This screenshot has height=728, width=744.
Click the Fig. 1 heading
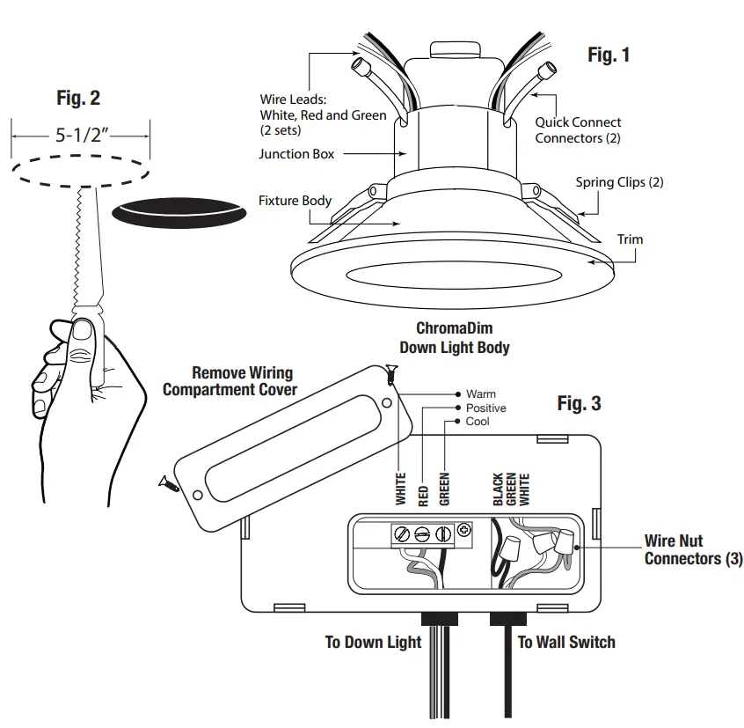point(609,55)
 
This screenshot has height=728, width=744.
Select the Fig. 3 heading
point(580,403)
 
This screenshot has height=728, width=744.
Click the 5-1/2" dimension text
point(80,136)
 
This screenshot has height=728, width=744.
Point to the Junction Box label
point(296,154)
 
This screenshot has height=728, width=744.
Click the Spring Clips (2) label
point(619,183)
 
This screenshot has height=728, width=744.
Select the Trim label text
point(630,239)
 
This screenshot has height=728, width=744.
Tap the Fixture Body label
point(295,201)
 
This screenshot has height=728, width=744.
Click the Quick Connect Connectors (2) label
point(578,130)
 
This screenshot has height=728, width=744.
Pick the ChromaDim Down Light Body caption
point(454,338)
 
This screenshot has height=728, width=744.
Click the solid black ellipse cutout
point(179,212)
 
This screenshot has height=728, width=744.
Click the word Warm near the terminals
point(481,394)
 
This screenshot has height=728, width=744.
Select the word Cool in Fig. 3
point(478,422)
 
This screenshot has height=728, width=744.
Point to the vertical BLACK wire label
point(498,489)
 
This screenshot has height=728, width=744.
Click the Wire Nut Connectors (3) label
point(693,550)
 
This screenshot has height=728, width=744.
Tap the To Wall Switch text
point(566,642)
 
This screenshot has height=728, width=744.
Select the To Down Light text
point(373,642)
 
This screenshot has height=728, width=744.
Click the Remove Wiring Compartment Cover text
point(230,381)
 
